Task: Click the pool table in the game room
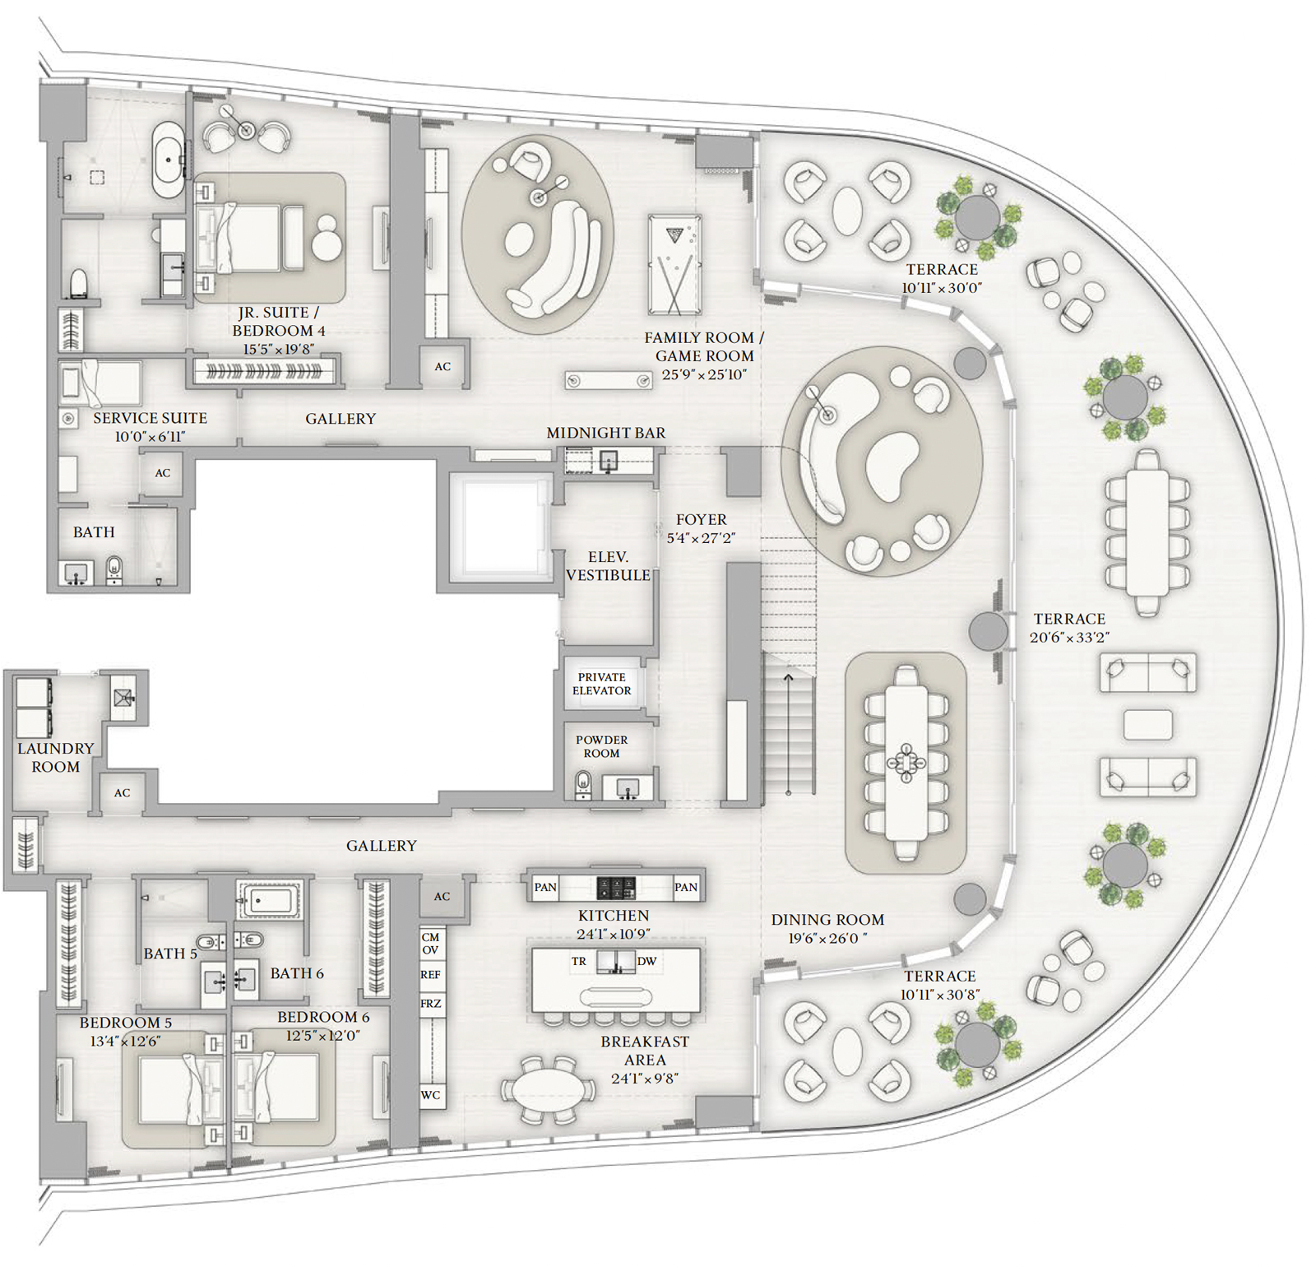(674, 264)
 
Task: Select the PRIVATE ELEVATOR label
(602, 684)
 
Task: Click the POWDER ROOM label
(601, 746)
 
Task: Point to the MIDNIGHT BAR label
(606, 433)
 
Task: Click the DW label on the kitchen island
(646, 961)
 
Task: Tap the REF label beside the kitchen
(431, 974)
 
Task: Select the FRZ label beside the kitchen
(431, 1004)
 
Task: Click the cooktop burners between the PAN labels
(616, 887)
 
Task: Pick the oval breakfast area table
(549, 1090)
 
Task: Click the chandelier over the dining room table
(906, 761)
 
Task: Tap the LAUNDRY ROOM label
(56, 757)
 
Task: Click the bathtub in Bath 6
(270, 899)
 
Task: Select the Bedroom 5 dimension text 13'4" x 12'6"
(125, 1041)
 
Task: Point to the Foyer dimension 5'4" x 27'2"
(701, 538)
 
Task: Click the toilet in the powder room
(583, 784)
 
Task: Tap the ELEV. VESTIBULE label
(608, 566)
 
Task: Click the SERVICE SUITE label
(150, 418)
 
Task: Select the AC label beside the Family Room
(443, 367)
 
